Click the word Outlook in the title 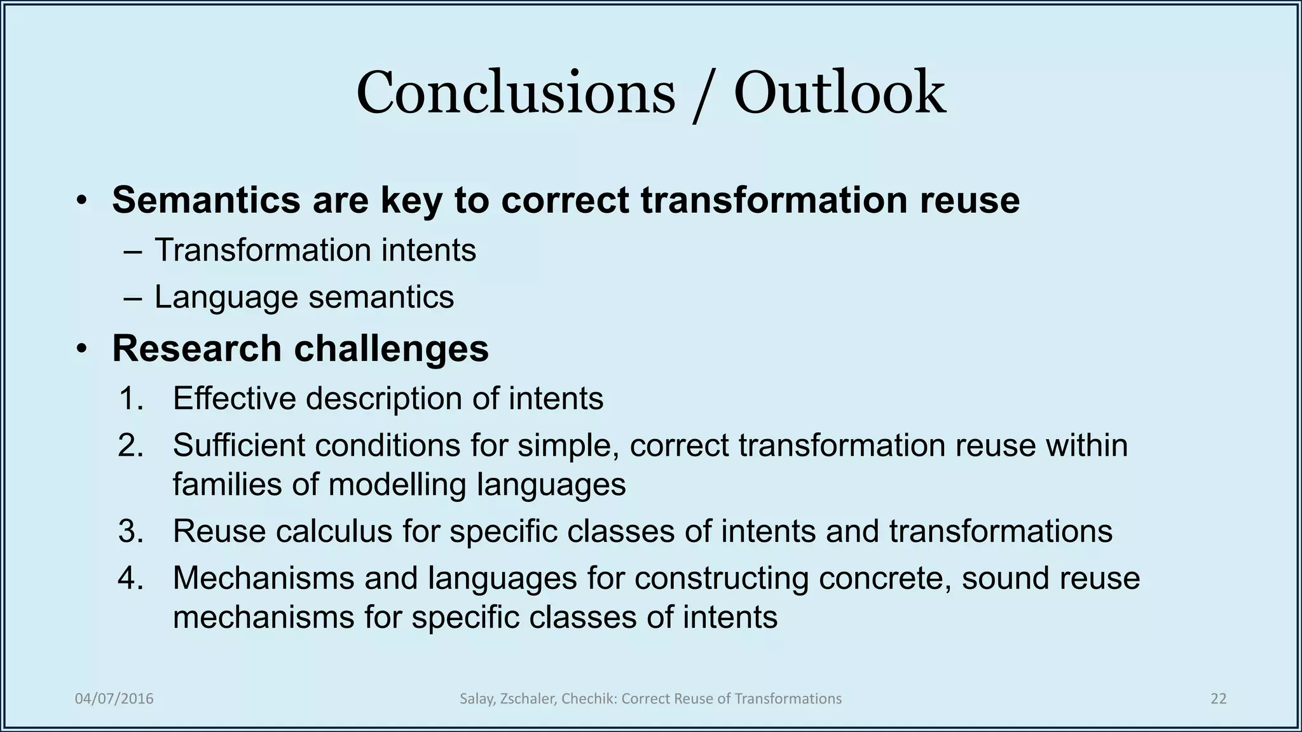[839, 93]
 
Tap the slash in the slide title [704, 95]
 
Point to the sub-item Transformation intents [315, 250]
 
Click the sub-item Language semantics [304, 297]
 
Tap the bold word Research [196, 348]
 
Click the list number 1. [131, 399]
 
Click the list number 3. [131, 531]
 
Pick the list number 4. [131, 578]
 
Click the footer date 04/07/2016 [114, 699]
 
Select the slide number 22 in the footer [1218, 699]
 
